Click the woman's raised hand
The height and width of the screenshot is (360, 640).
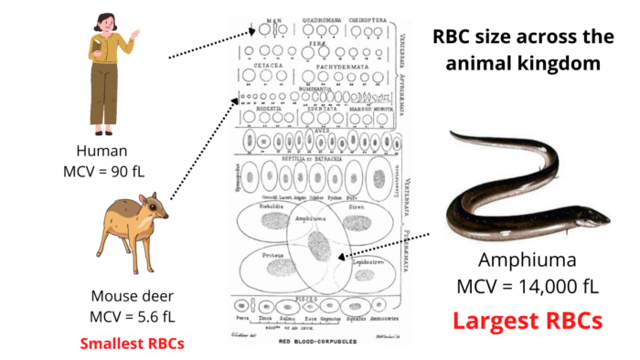(x=137, y=33)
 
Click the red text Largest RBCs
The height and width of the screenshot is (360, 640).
(x=528, y=321)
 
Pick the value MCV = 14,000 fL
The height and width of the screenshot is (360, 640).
(x=528, y=286)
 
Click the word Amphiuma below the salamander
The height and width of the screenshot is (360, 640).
(x=528, y=259)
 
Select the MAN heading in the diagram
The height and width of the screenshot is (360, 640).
(x=271, y=19)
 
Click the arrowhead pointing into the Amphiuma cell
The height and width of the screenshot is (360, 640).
(x=336, y=259)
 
